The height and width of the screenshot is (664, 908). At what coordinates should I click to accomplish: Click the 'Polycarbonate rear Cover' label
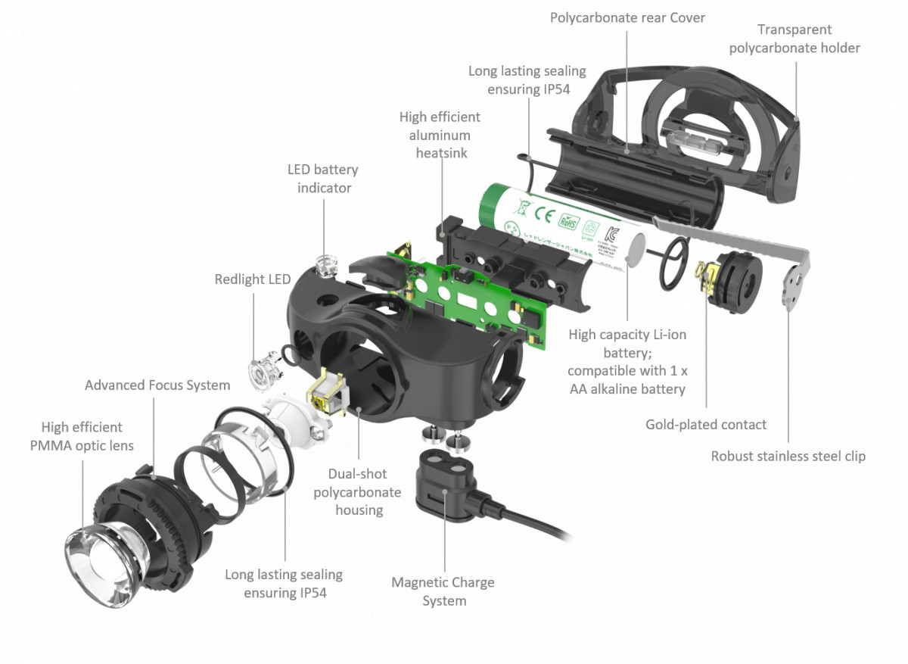tap(627, 17)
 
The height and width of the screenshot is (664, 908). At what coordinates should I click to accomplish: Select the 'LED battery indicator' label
tap(322, 179)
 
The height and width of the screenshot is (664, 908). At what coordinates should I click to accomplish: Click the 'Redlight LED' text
tap(252, 279)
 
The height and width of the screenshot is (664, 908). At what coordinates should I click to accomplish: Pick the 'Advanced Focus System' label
tap(157, 385)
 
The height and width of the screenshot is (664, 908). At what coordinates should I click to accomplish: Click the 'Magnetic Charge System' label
tap(443, 591)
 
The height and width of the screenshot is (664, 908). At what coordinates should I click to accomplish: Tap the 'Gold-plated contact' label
tap(705, 425)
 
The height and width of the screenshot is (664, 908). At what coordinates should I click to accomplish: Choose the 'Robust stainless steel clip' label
tap(788, 457)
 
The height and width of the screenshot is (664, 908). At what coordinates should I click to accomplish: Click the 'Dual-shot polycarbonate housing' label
tap(359, 492)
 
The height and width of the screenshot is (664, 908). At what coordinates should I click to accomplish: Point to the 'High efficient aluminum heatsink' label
tap(440, 135)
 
